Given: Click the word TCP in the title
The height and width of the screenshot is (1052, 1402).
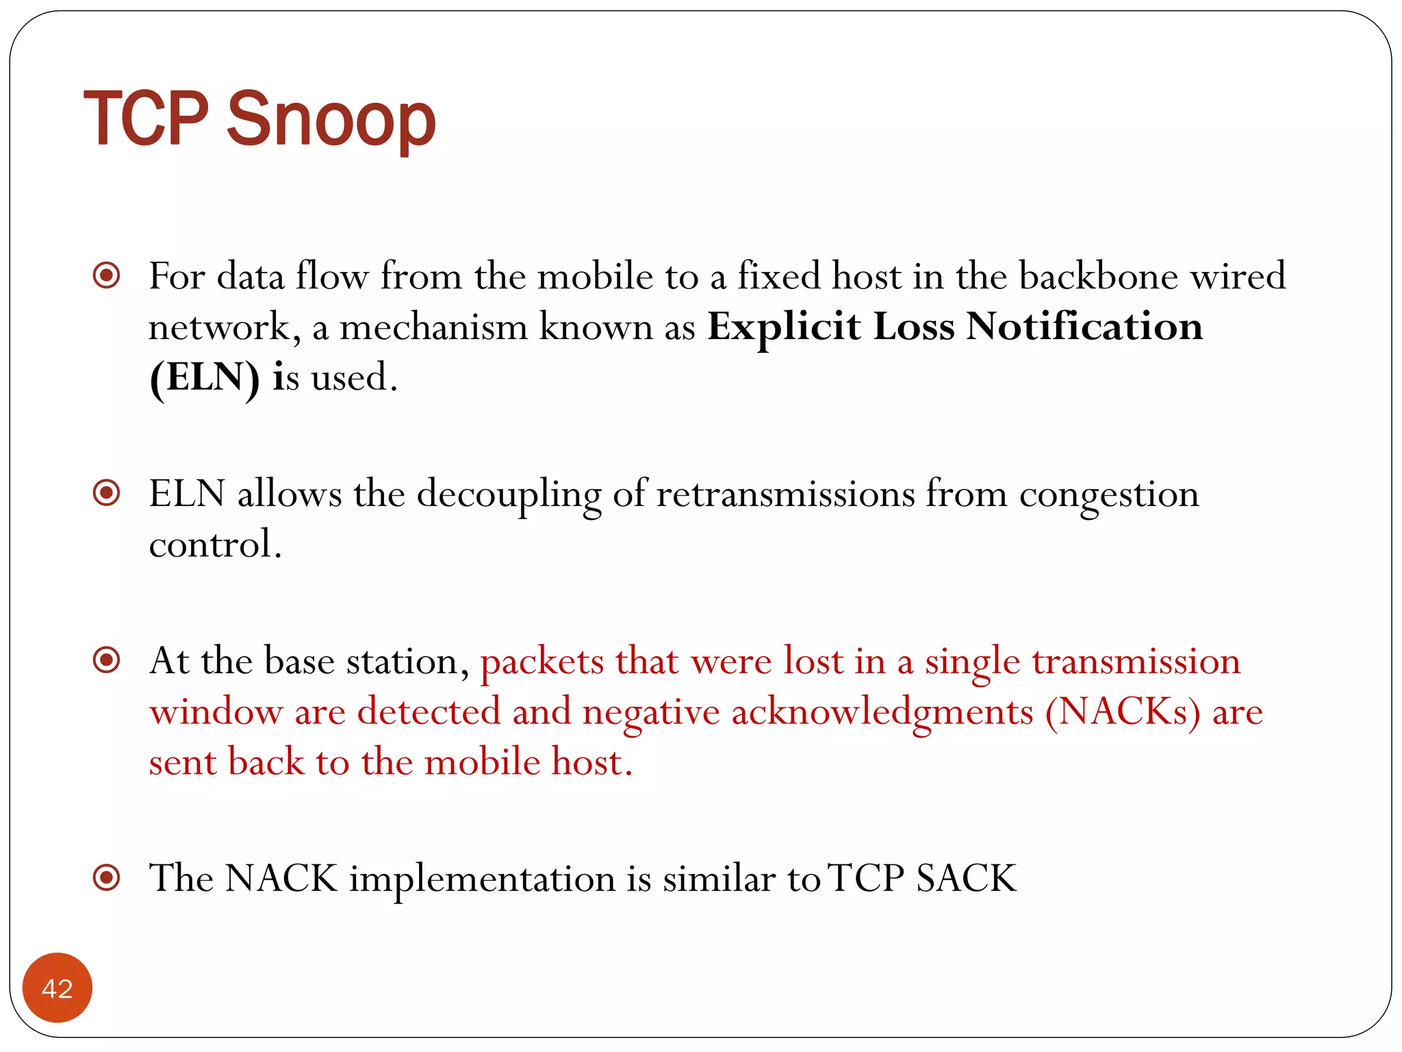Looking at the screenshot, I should tap(146, 120).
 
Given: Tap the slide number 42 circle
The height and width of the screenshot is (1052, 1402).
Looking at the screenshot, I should tap(58, 988).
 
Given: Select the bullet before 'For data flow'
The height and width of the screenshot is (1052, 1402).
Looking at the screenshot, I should tap(107, 276).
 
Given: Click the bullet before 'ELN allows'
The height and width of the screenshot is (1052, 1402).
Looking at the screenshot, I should tap(107, 492).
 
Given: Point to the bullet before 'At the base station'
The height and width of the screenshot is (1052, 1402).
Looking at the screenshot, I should tap(107, 660).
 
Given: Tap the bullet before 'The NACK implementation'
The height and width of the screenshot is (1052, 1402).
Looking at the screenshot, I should tap(107, 877).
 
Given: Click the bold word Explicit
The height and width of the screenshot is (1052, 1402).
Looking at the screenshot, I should tap(783, 327).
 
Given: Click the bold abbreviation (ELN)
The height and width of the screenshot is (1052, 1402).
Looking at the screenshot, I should tap(205, 377).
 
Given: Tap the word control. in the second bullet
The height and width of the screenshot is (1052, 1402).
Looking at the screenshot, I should tap(215, 544).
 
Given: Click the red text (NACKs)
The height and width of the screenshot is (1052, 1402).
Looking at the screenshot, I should tap(1123, 712).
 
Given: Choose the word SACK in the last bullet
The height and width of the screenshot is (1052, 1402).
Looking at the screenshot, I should tap(966, 878).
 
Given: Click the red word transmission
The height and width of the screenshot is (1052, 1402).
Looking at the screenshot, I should tap(1136, 662).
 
